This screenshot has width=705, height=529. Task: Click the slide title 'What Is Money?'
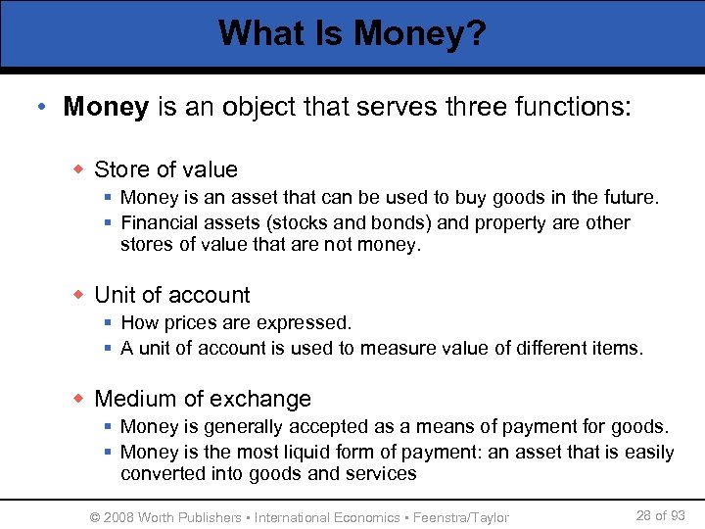coord(352,33)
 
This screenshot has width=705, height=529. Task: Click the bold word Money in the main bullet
coord(105,107)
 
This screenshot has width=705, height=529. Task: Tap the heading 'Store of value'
coord(165,169)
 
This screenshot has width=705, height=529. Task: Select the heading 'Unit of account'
coord(171,295)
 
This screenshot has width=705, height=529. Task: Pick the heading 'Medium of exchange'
coord(202,399)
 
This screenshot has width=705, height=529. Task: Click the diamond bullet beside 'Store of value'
coord(79,170)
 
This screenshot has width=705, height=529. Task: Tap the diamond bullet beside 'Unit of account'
coord(79,296)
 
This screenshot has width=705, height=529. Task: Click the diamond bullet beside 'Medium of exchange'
coord(79,400)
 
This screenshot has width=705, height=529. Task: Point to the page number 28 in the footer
coord(644,515)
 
